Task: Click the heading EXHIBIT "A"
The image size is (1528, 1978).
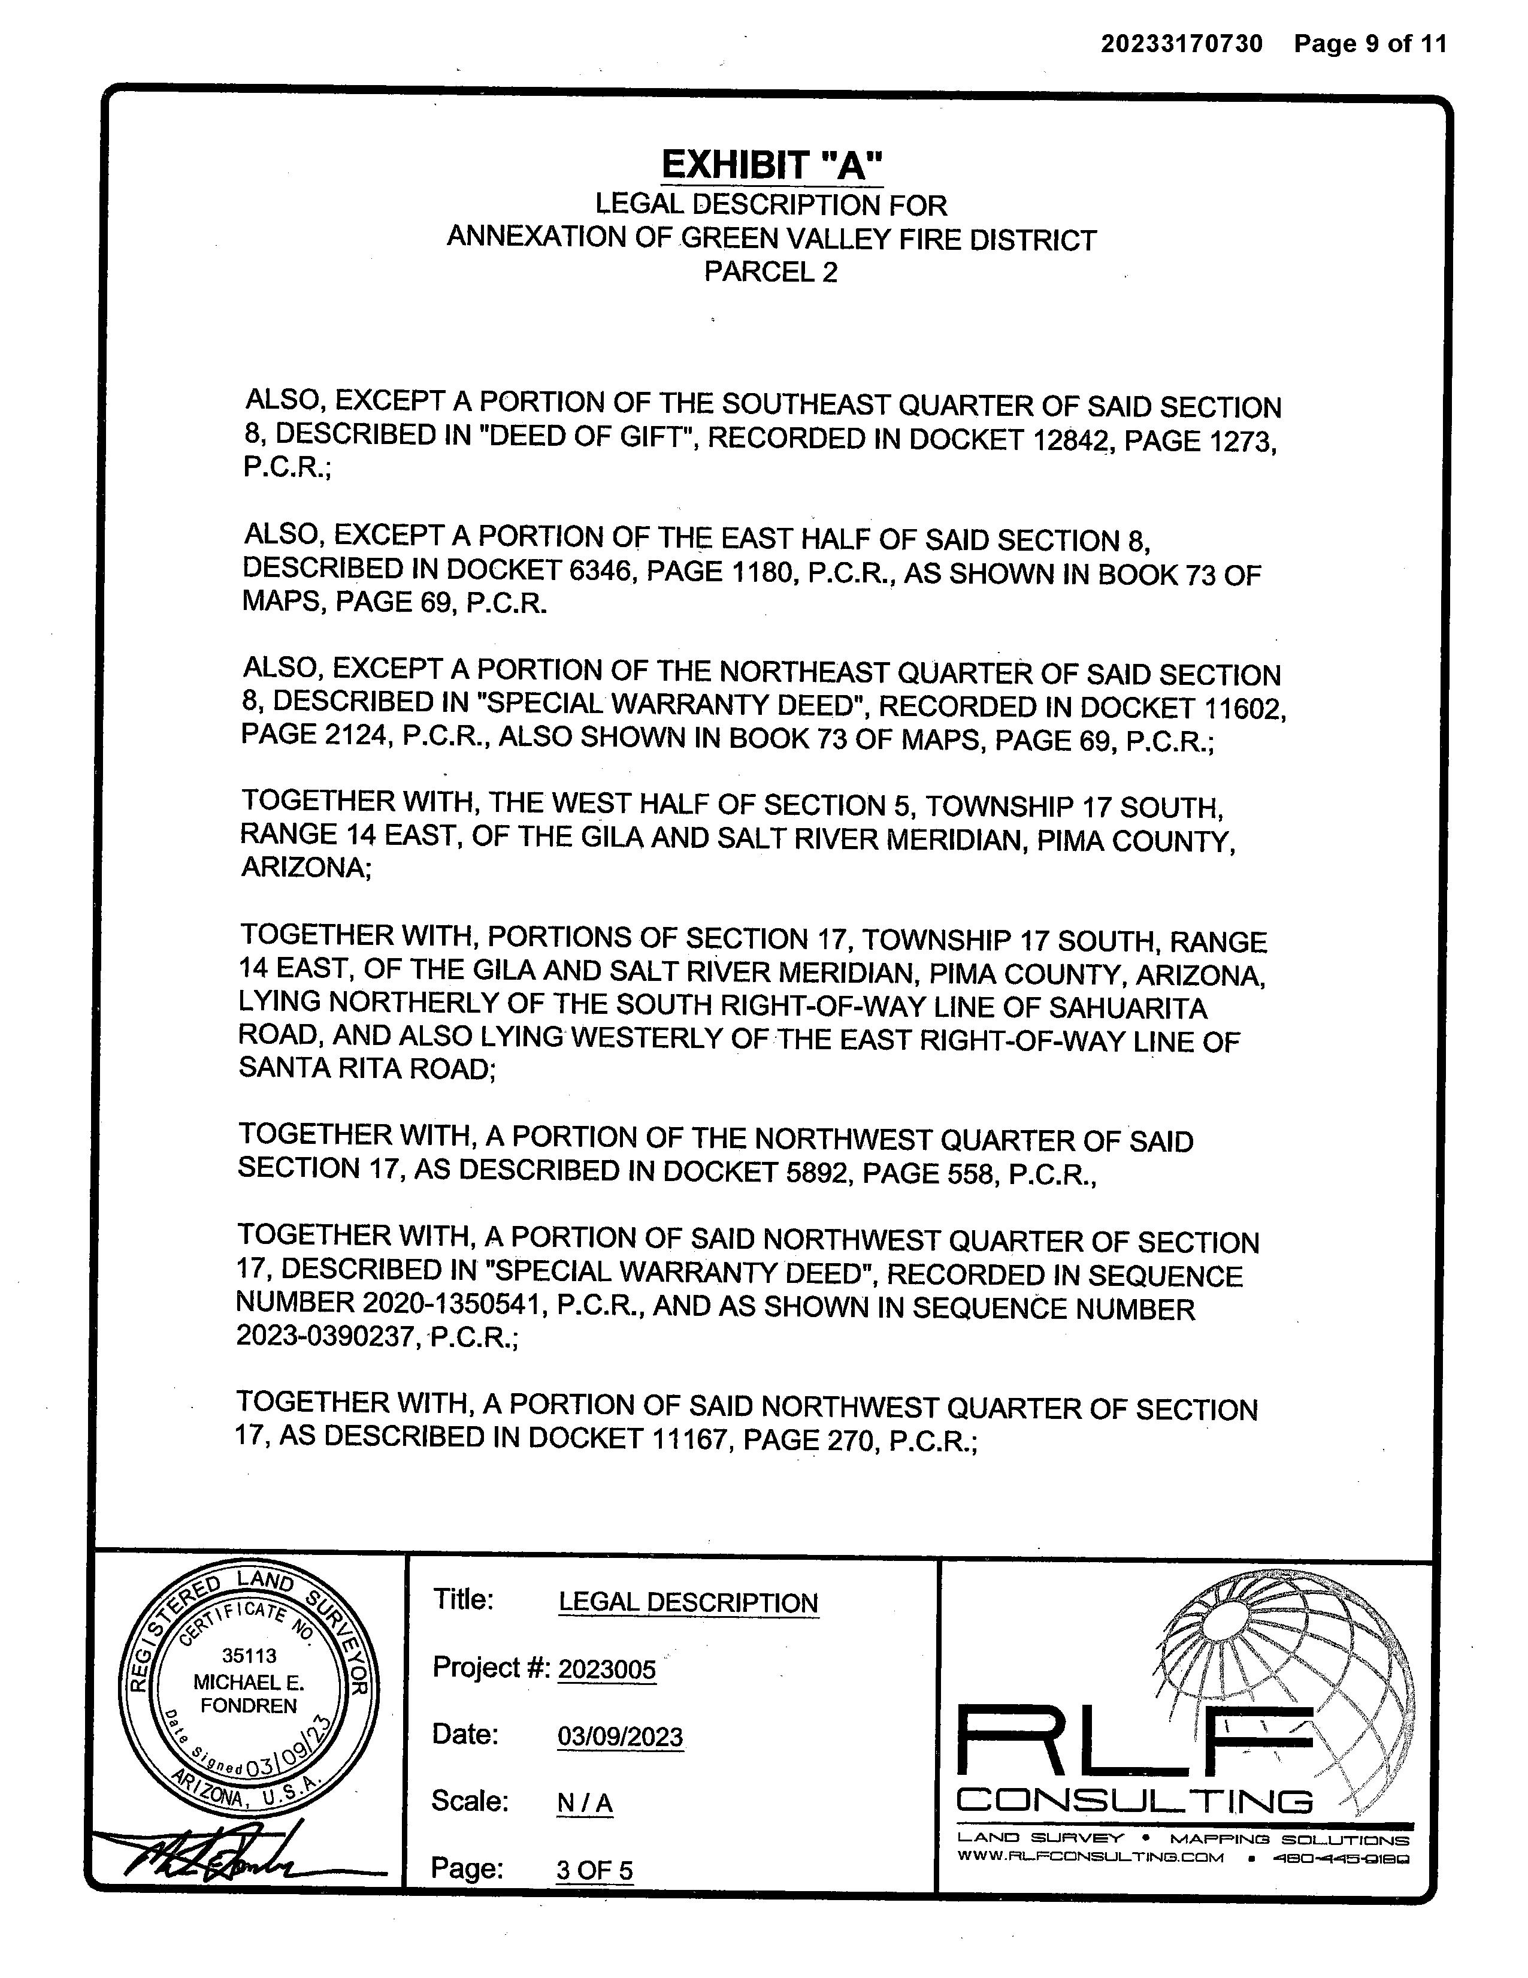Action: tap(771, 166)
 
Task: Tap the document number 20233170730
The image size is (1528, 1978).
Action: tap(1181, 44)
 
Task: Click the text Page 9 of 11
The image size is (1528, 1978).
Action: tap(1370, 44)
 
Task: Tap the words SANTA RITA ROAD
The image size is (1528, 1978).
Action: tap(365, 1069)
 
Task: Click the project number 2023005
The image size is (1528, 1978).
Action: tap(607, 1669)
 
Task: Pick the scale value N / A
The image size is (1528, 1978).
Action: tap(585, 1803)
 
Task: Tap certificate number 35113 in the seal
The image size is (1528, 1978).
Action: tap(249, 1656)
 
